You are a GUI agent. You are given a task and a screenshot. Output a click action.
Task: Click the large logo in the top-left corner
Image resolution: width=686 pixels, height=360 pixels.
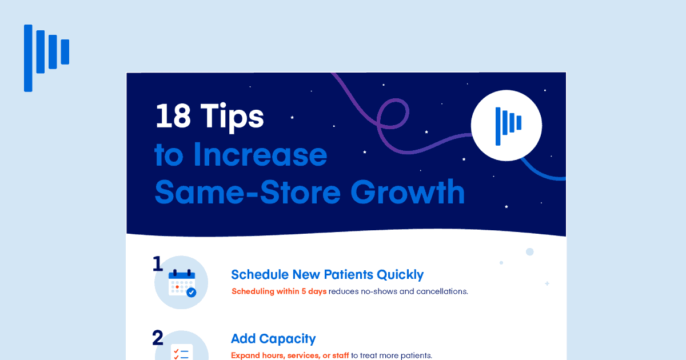click(46, 57)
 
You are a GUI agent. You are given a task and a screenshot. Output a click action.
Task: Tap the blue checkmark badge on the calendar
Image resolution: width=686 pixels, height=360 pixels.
click(192, 293)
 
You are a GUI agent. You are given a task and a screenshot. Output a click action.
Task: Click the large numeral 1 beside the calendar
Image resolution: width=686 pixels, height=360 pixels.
click(158, 264)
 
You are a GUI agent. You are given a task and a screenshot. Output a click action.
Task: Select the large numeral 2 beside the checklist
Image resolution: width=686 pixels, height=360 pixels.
click(158, 338)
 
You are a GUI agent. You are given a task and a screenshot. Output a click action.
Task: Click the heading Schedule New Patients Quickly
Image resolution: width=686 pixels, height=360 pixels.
click(327, 274)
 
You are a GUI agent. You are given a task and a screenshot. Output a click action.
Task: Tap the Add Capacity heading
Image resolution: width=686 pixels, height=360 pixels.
click(273, 338)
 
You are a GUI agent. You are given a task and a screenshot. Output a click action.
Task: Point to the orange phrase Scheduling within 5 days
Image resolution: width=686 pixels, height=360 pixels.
click(279, 291)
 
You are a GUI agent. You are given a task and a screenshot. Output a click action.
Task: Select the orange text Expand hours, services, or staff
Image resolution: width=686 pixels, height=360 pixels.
click(290, 355)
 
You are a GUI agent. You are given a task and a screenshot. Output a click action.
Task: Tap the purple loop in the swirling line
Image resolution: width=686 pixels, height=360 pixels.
click(393, 114)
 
